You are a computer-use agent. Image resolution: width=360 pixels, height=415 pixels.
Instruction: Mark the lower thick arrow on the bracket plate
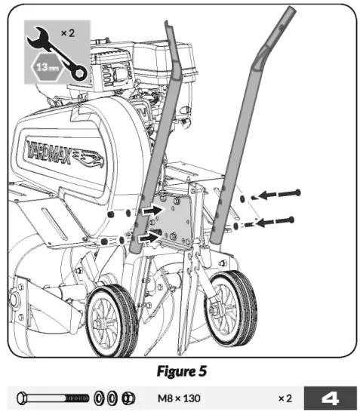[152, 238]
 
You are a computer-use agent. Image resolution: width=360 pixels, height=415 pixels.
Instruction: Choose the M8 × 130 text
[179, 398]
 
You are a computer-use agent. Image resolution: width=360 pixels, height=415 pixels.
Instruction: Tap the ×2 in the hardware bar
[285, 398]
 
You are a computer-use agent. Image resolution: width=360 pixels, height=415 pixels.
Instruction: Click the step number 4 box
[331, 398]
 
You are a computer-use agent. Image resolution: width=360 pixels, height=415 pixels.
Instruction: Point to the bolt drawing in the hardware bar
[53, 398]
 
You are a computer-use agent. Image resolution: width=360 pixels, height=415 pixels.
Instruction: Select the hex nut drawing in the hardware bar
[128, 398]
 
